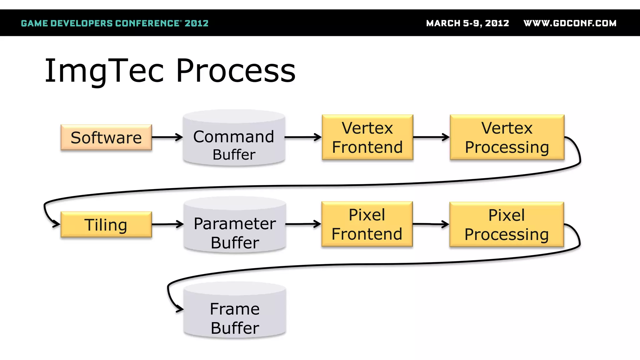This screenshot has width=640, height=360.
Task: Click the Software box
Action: [x=106, y=137]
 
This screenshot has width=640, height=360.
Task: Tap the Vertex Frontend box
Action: [x=367, y=137]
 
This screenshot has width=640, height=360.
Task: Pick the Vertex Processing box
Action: [x=507, y=137]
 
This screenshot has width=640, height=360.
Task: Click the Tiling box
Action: [x=106, y=224]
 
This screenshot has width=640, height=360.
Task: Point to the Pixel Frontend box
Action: [x=367, y=224]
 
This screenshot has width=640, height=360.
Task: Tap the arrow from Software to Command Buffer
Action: [x=167, y=137]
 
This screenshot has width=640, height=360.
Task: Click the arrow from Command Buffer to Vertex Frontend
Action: [x=303, y=137]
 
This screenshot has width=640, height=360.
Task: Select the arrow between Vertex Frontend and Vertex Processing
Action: [x=431, y=137]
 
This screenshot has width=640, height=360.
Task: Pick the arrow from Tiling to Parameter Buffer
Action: [x=167, y=224]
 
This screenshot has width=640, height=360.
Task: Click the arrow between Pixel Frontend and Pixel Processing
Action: [x=431, y=224]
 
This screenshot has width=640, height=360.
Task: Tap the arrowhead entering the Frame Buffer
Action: [x=179, y=309]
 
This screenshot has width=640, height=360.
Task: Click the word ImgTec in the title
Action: [x=104, y=71]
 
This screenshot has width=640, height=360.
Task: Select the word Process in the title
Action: [x=236, y=71]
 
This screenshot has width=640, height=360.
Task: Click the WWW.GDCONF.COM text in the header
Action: [x=570, y=23]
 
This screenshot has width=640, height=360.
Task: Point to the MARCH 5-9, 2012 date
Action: [x=467, y=23]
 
